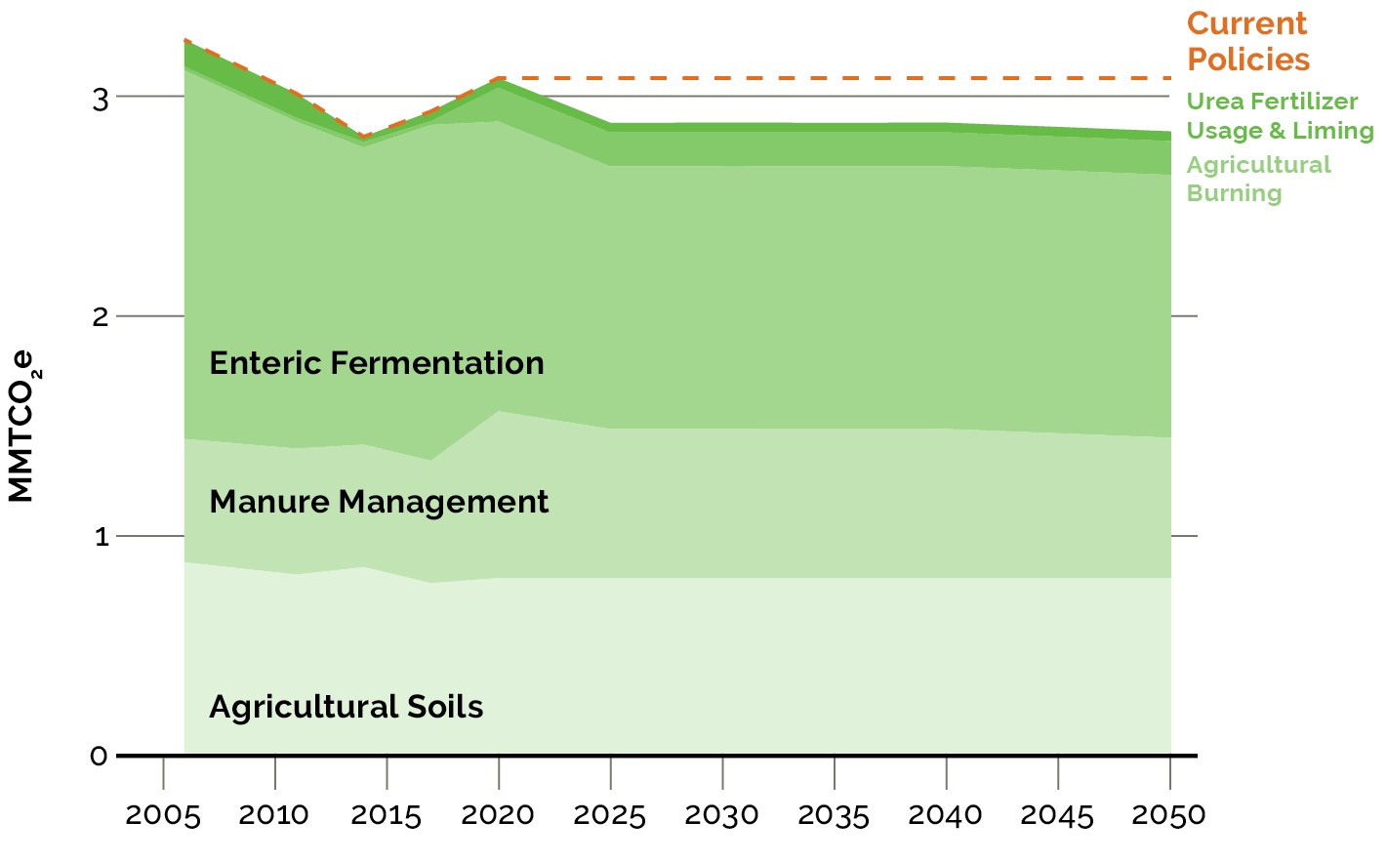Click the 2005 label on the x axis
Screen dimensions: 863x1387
pos(163,815)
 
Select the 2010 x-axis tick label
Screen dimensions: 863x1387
pos(274,815)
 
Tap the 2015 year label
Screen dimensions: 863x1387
pos(387,815)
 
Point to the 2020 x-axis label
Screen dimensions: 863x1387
pos(498,815)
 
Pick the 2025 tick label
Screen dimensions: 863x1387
pos(610,815)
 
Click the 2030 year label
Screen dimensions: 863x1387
pos(722,815)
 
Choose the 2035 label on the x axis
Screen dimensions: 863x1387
pos(834,815)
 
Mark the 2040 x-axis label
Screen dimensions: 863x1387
pos(946,815)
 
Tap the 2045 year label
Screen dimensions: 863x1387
pos(1057,815)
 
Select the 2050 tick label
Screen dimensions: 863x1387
pos(1169,815)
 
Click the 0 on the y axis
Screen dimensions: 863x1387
pos(99,757)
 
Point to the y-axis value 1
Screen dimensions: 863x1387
pos(101,537)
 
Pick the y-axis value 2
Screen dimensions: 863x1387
pos(100,317)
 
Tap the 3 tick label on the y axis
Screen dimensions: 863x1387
pos(100,98)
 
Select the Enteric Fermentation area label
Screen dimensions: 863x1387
pos(377,363)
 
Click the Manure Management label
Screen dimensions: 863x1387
pos(379,502)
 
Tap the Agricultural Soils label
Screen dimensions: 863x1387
pos(347,707)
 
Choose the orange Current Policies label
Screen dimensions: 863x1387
pos(1247,41)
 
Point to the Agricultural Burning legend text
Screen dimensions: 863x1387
pos(1258,179)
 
